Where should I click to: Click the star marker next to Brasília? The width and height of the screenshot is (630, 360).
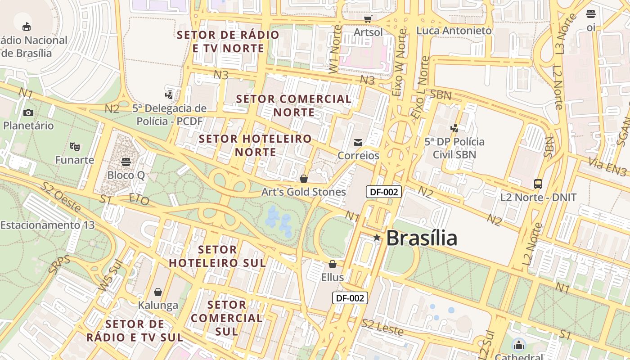click(377, 238)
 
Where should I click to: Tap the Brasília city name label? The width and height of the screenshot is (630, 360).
click(422, 238)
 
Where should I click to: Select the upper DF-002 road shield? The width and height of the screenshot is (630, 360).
click(383, 192)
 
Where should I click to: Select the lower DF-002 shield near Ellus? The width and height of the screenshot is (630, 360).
click(350, 297)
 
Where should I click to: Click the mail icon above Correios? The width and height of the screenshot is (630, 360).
click(358, 143)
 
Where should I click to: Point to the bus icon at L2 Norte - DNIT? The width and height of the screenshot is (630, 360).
click(538, 184)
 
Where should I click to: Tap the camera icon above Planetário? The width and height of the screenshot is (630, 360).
click(28, 112)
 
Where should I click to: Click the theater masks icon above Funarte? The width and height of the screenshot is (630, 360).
click(75, 146)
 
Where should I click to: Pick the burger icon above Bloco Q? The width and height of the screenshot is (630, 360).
click(126, 161)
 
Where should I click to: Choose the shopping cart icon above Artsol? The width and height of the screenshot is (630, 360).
click(368, 19)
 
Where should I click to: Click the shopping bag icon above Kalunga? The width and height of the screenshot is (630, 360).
click(157, 292)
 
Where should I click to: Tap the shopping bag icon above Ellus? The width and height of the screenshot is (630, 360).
click(333, 264)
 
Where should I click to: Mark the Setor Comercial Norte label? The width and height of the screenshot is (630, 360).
click(294, 105)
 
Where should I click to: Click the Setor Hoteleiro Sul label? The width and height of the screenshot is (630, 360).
click(217, 256)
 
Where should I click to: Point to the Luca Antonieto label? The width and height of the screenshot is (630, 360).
click(454, 31)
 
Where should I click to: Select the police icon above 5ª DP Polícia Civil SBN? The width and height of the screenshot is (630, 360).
click(454, 128)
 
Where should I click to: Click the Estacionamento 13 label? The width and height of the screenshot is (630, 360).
click(48, 225)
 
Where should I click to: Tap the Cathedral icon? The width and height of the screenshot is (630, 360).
click(519, 345)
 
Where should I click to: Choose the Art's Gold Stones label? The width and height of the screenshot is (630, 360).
click(304, 192)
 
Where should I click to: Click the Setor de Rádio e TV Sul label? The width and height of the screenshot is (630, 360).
click(135, 330)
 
